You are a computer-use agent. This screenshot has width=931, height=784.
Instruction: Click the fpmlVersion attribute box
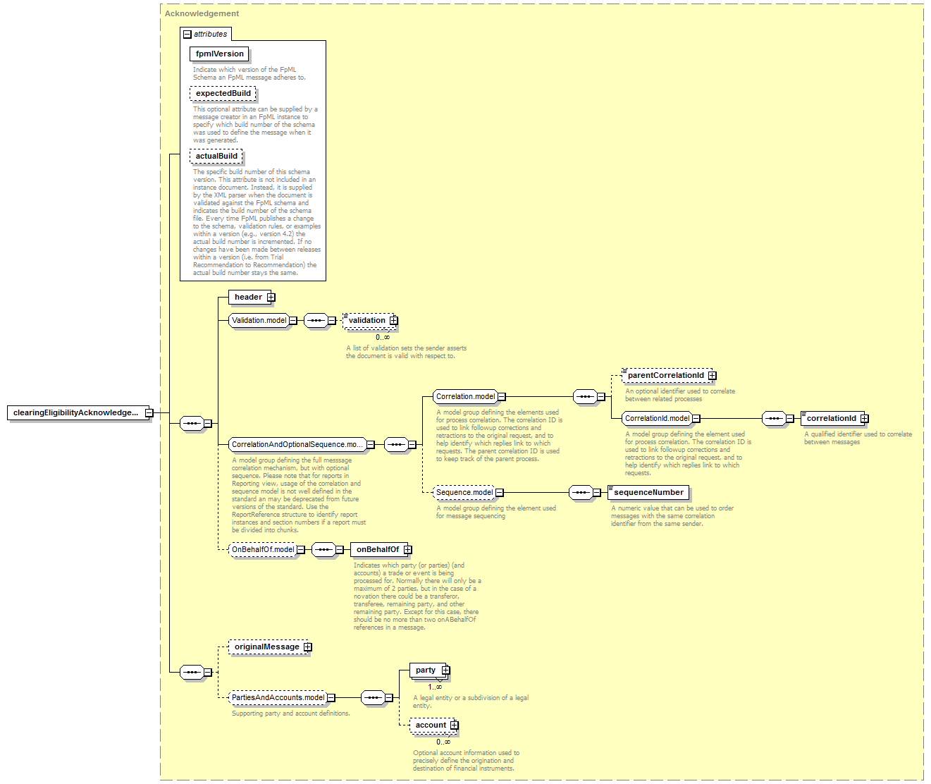coord(219,54)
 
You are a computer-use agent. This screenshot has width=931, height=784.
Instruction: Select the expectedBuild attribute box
coord(223,93)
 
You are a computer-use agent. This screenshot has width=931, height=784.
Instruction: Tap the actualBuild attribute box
coord(216,156)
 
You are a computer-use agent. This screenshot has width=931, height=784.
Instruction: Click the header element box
coord(252,297)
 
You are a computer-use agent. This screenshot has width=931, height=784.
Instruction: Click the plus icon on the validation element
coord(393,320)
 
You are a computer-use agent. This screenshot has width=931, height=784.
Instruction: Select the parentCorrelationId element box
coord(670,376)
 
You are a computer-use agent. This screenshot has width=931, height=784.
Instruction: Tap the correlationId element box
coord(834,418)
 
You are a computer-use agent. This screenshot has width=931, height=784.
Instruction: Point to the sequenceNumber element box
coord(648,492)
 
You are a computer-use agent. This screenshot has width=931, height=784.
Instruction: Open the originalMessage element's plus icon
coord(308,647)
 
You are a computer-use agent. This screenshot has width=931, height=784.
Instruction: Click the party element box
coord(430,670)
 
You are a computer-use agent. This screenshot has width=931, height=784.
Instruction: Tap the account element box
coord(434,725)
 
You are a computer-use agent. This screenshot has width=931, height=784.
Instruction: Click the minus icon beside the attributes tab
coord(187,35)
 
